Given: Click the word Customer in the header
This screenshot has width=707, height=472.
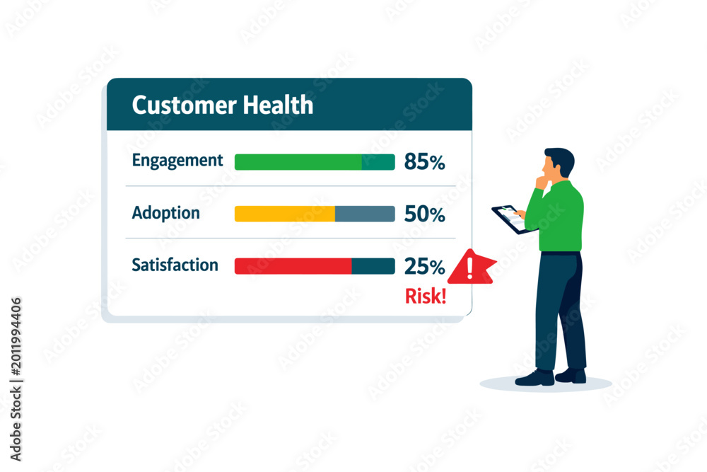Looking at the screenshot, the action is [184, 105].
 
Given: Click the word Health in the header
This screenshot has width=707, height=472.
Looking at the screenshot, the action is [278, 105].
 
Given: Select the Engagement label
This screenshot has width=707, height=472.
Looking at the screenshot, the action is [177, 161].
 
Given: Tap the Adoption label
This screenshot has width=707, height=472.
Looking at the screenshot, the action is [165, 213].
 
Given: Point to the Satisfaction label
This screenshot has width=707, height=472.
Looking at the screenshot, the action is [175, 265].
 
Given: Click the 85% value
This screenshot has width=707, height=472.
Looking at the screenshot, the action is [424, 161].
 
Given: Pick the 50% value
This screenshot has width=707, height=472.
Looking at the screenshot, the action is [424, 214].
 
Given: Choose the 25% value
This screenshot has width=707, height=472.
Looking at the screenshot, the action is [424, 266].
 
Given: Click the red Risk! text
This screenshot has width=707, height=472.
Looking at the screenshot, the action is [426, 296].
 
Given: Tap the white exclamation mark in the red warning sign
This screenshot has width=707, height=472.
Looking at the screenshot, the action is [470, 267].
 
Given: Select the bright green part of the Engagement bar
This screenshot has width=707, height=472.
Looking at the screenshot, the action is [298, 162].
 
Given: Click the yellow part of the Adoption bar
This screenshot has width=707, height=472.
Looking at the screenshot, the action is [285, 214].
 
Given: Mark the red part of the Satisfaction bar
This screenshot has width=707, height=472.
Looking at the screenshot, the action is [293, 266].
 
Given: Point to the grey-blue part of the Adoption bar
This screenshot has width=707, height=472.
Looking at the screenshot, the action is [365, 214].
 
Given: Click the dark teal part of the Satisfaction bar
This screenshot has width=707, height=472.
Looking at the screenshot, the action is [373, 266].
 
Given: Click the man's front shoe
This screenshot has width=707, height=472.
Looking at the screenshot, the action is [535, 378].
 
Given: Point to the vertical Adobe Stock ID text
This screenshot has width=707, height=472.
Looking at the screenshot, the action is [16, 379].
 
